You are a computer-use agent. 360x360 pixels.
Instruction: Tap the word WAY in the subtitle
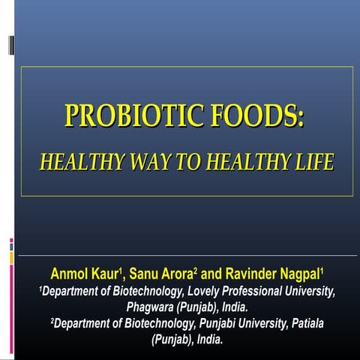[x=144, y=162]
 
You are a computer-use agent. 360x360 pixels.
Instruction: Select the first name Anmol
[x=69, y=271]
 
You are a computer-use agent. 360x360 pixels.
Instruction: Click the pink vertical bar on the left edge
[x=11, y=300]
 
